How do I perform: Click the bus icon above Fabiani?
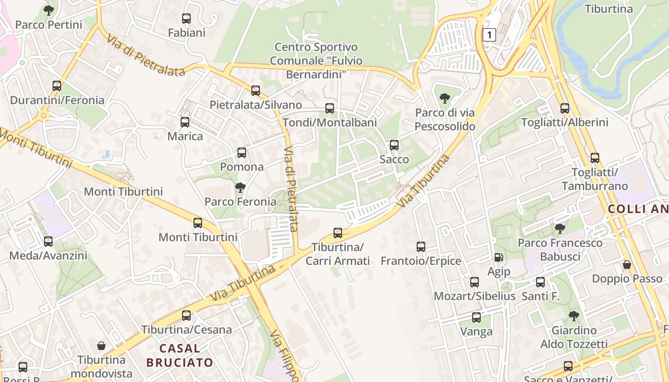(x=186, y=19)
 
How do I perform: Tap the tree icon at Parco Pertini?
(x=48, y=10)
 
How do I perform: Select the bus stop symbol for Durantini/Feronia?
(x=57, y=86)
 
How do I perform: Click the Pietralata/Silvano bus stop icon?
(x=256, y=90)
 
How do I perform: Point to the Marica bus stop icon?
(x=185, y=122)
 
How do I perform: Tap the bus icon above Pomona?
(x=242, y=153)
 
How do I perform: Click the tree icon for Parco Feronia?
(x=240, y=188)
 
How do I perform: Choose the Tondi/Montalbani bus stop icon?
(x=330, y=108)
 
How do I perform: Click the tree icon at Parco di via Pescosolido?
(x=445, y=99)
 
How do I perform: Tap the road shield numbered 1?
(x=489, y=34)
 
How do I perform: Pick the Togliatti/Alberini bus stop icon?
(x=565, y=108)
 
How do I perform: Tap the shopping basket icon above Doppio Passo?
(x=627, y=265)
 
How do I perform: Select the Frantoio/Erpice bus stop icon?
(x=421, y=247)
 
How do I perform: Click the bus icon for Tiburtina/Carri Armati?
(x=338, y=233)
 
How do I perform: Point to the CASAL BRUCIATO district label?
(x=180, y=355)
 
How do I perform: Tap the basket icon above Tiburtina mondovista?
(x=101, y=346)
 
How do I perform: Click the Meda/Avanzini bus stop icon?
(x=48, y=242)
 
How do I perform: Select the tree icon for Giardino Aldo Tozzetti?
(x=574, y=316)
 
